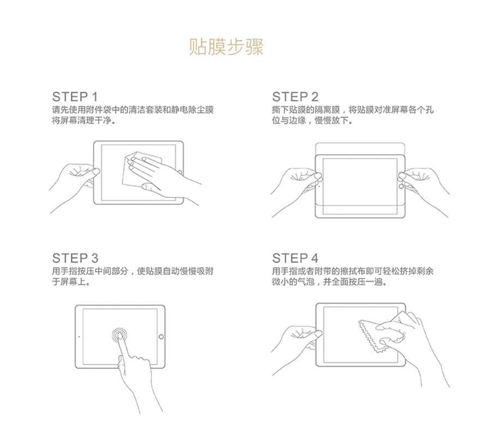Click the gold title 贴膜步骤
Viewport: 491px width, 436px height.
click(226, 47)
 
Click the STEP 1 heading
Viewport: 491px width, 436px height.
click(75, 97)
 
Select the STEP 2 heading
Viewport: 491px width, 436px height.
click(295, 97)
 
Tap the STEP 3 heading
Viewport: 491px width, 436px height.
click(75, 258)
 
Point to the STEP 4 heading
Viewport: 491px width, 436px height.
click(295, 258)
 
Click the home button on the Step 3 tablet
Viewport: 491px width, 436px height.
click(161, 337)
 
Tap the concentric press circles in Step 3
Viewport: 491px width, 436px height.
click(119, 335)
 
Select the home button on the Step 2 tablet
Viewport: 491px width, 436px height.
click(402, 186)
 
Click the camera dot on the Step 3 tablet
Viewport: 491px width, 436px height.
click(79, 337)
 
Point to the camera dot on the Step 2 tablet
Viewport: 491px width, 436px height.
click(319, 186)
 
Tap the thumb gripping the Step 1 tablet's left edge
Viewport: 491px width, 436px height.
click(94, 172)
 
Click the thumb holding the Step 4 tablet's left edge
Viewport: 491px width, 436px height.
click(316, 334)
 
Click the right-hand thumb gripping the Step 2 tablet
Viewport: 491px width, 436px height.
click(402, 177)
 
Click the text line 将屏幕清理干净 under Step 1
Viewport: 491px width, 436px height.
click(83, 120)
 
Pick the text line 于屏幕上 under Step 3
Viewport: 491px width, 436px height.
click(71, 282)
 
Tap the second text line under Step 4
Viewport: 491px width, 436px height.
click(330, 282)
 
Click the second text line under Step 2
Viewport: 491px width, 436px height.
click(312, 120)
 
